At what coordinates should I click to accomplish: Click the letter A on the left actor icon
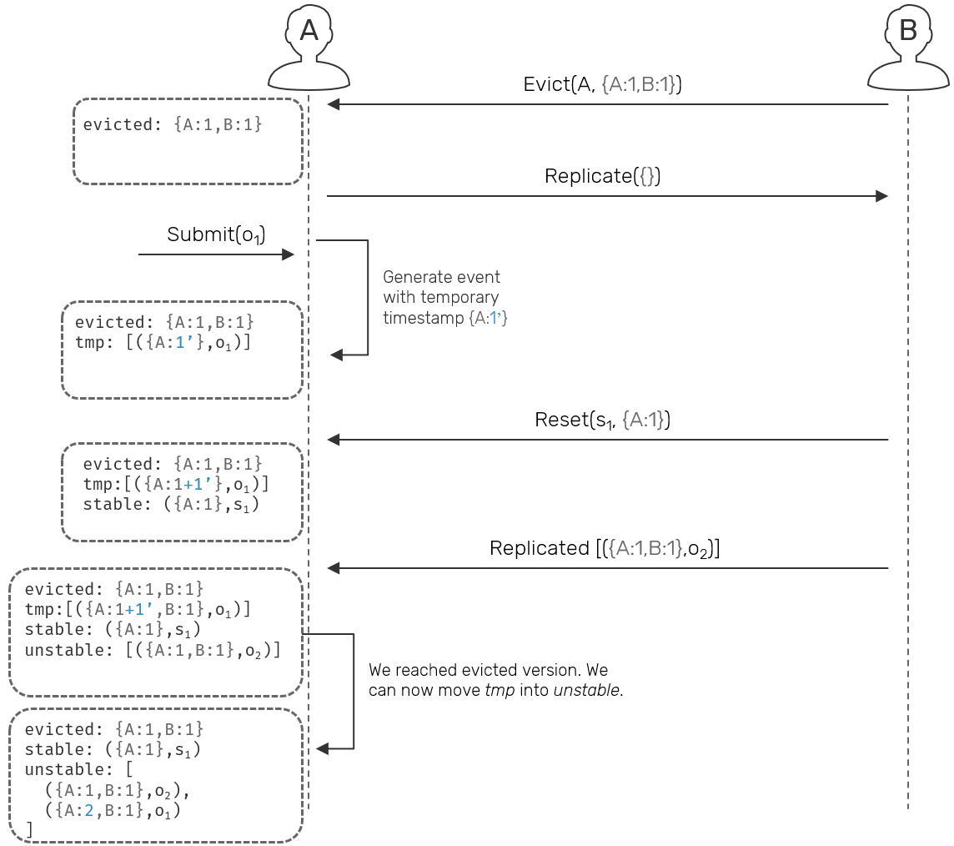(x=309, y=31)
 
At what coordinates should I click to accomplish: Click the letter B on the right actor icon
(x=907, y=31)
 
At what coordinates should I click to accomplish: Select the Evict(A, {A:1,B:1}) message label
(x=602, y=84)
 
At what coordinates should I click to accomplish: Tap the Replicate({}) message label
(x=603, y=176)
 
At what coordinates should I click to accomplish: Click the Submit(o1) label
(x=216, y=235)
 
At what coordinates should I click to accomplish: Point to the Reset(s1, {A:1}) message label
(x=602, y=420)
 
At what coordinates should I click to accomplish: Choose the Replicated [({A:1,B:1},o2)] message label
(x=605, y=549)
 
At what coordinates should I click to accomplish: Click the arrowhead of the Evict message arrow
(x=333, y=104)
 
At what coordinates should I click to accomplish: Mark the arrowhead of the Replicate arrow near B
(x=881, y=195)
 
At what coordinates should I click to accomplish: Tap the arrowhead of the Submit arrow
(x=289, y=254)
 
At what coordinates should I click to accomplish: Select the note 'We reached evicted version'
(x=495, y=680)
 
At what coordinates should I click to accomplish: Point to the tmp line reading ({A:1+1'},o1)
(x=176, y=484)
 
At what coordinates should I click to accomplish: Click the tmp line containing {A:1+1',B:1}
(x=138, y=609)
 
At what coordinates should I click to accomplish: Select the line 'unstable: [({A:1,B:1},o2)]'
(x=153, y=650)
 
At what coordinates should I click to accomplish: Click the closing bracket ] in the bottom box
(x=29, y=828)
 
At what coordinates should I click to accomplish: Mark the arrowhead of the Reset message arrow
(x=333, y=440)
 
